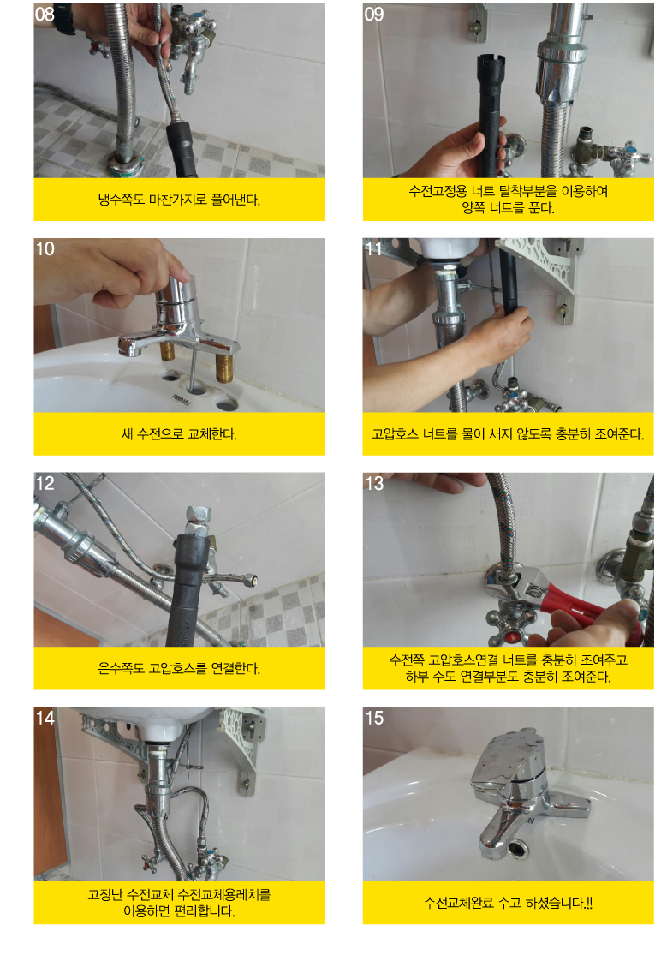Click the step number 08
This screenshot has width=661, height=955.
click(x=45, y=14)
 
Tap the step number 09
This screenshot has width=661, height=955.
click(x=373, y=14)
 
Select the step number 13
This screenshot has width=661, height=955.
click(x=373, y=483)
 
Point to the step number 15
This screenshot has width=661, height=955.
click(x=373, y=718)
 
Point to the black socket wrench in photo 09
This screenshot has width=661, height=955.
click(x=491, y=115)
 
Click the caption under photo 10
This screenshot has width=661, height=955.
click(x=179, y=434)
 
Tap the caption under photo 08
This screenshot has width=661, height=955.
click(x=179, y=200)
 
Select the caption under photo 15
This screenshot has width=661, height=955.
click(x=509, y=903)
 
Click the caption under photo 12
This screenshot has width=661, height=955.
click(x=179, y=669)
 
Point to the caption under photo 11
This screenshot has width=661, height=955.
click(x=509, y=434)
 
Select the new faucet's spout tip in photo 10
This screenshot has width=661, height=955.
click(x=128, y=347)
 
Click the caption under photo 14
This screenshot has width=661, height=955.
click(x=179, y=903)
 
